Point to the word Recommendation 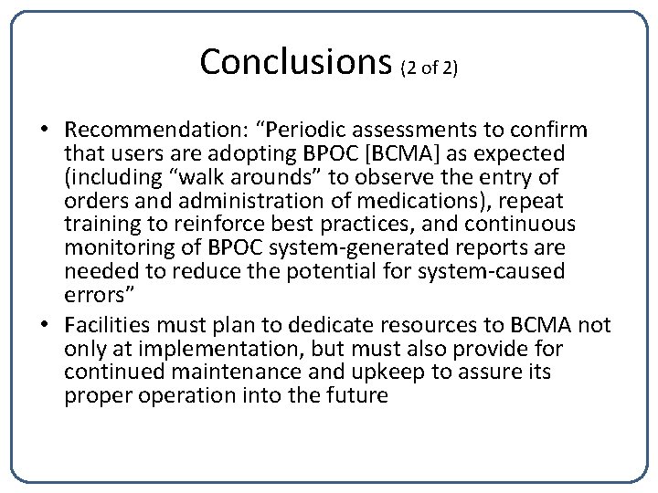(146, 130)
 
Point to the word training (99, 225)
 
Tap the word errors (90, 296)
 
